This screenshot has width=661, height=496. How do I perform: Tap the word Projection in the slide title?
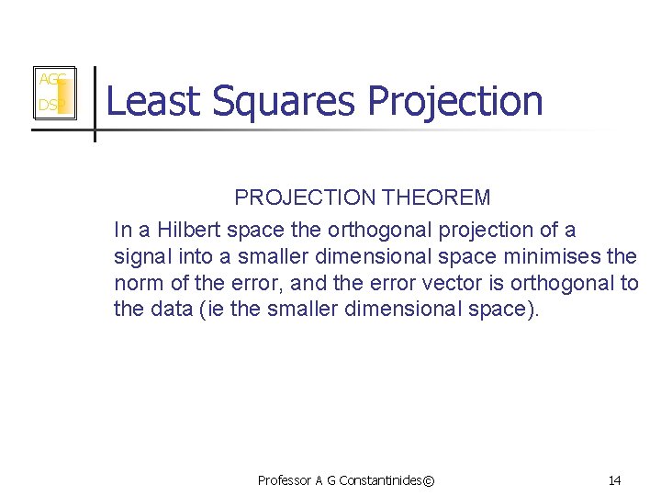pyautogui.click(x=455, y=101)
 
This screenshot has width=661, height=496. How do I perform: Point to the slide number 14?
pyautogui.click(x=614, y=480)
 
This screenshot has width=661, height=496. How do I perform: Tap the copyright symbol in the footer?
pyautogui.click(x=431, y=480)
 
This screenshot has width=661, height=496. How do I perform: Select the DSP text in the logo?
pyautogui.click(x=48, y=107)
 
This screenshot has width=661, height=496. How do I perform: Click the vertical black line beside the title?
pyautogui.click(x=95, y=103)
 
